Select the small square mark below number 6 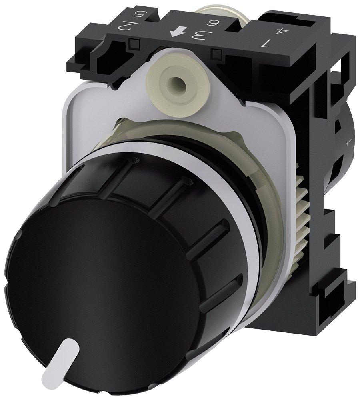tap(218, 53)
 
